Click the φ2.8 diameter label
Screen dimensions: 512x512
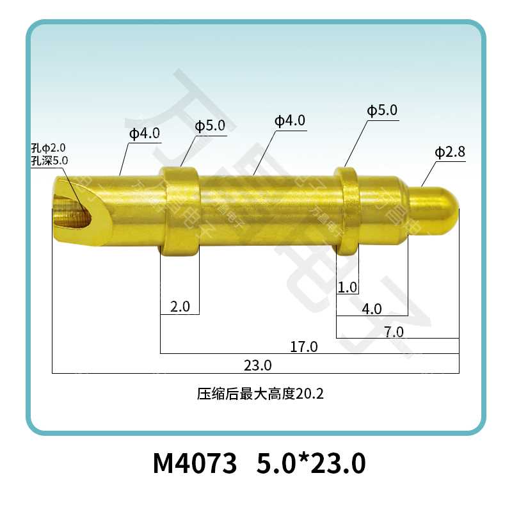point(450,152)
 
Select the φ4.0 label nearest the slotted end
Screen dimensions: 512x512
point(145,134)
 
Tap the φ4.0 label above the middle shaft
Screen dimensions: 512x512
point(290,120)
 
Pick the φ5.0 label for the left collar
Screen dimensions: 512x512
point(210,125)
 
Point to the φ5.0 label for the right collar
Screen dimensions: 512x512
point(382,111)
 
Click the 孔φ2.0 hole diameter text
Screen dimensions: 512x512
point(49,148)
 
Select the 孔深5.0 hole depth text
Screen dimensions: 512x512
point(49,160)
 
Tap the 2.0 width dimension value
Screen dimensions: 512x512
point(180,307)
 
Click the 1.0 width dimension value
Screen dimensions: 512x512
point(348,287)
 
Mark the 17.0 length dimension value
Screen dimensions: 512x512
point(304,347)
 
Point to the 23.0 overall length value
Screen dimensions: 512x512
point(258,365)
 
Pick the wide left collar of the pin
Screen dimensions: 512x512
point(180,211)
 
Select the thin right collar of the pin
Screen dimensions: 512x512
point(346,210)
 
